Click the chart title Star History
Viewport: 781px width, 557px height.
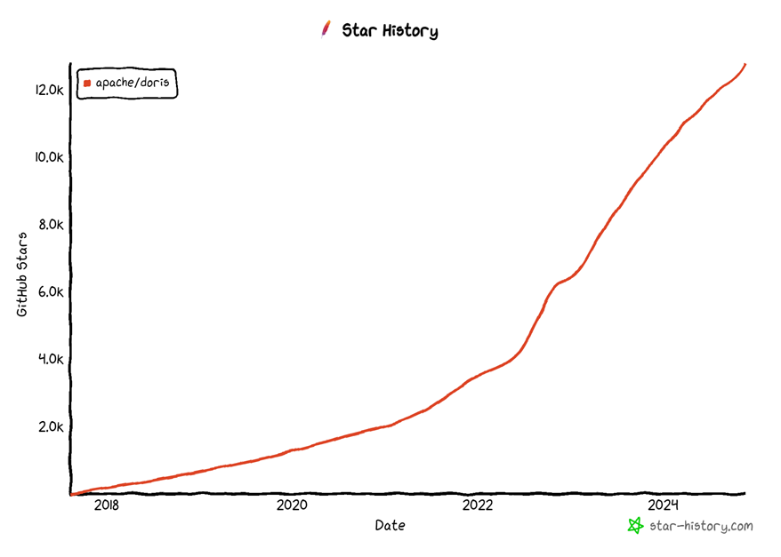390,31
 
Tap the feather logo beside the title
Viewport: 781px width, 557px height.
326,29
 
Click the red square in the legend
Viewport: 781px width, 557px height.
87,84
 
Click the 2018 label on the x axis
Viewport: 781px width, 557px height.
106,505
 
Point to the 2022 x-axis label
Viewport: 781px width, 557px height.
478,505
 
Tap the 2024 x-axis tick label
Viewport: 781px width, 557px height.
664,505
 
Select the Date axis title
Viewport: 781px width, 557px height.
390,525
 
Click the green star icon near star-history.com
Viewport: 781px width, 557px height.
635,526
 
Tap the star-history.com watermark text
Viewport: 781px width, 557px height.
700,526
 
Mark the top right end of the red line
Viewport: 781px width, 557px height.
745,65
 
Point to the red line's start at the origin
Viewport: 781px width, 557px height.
72,494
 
